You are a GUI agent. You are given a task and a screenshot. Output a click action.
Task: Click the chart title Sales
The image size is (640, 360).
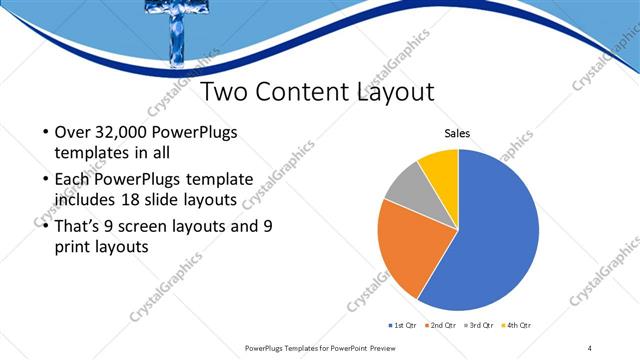pyautogui.click(x=458, y=133)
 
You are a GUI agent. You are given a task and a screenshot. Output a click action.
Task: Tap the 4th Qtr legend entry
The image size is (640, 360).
pyautogui.click(x=519, y=326)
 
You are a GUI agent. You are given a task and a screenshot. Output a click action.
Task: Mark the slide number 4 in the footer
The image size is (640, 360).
pyautogui.click(x=590, y=347)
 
